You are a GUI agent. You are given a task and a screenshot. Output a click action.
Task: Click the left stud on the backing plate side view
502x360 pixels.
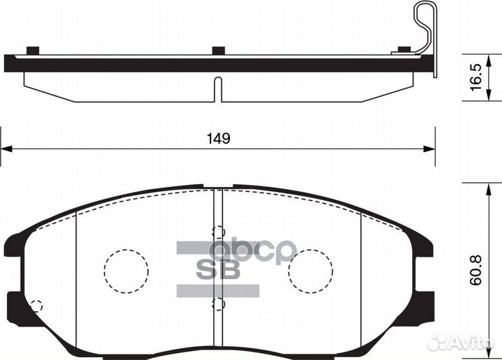pyautogui.click(x=31, y=50)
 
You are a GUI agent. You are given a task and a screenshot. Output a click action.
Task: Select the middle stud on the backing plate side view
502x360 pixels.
pyautogui.click(x=218, y=50)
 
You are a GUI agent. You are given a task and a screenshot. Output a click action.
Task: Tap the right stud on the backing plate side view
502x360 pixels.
pyautogui.click(x=402, y=50)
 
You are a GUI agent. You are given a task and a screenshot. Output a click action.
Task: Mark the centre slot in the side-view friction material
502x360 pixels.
pyautogui.click(x=218, y=90)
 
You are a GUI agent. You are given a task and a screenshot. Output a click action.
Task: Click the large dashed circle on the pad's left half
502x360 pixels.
pyautogui.click(x=126, y=271)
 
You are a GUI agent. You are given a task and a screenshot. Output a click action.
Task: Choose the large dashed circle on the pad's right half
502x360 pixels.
pyautogui.click(x=310, y=271)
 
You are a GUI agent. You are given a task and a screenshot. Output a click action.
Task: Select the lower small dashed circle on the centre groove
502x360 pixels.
pyautogui.click(x=218, y=303)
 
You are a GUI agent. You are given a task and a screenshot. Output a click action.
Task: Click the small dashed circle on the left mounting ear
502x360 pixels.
pyautogui.click(x=37, y=305)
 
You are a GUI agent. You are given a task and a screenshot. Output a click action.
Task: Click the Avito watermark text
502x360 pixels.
pyautogui.click(x=467, y=342)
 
